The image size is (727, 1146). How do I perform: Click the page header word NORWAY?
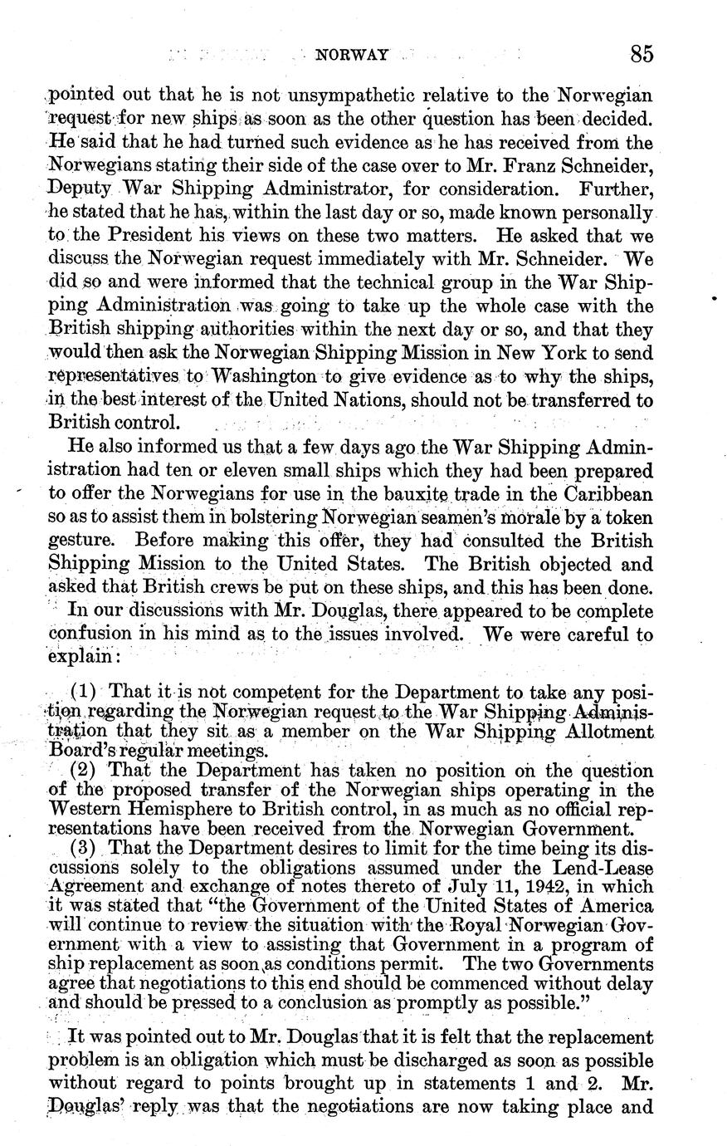click(x=353, y=55)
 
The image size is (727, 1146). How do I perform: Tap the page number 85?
click(x=642, y=55)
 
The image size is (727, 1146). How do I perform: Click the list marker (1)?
click(x=86, y=691)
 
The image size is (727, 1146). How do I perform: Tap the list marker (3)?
click(x=86, y=848)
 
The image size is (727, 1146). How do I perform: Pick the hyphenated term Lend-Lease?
click(x=592, y=867)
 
